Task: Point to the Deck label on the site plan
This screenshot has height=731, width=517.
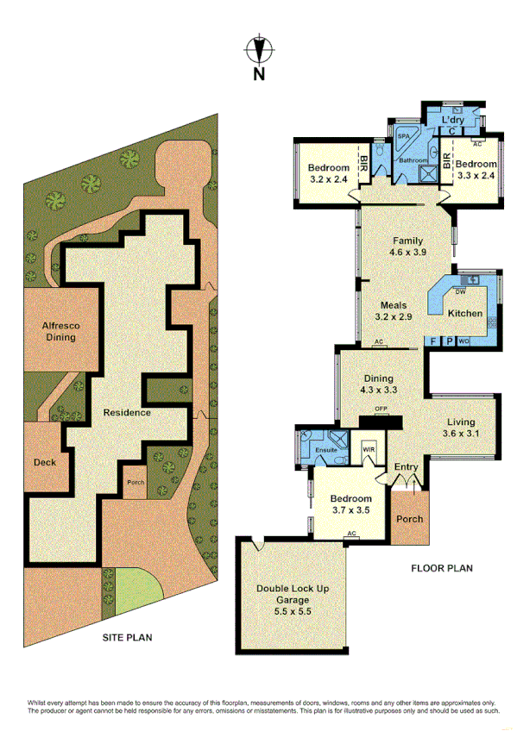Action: click(x=45, y=463)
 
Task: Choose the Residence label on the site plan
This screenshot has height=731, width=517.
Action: click(x=127, y=412)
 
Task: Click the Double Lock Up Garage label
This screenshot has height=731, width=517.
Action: click(x=292, y=594)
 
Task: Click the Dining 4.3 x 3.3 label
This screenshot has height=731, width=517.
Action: click(x=379, y=384)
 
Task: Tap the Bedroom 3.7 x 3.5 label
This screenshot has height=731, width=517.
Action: click(x=351, y=504)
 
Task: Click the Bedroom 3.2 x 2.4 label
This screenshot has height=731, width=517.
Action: click(x=329, y=173)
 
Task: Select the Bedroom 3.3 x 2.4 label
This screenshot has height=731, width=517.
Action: click(x=476, y=170)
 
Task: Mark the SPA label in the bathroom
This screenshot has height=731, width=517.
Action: click(x=402, y=137)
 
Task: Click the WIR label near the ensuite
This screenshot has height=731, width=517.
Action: click(x=369, y=449)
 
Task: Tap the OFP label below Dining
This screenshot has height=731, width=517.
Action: click(x=379, y=408)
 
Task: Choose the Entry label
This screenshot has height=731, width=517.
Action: click(x=406, y=467)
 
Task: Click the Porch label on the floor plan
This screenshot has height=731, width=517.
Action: click(x=409, y=519)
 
